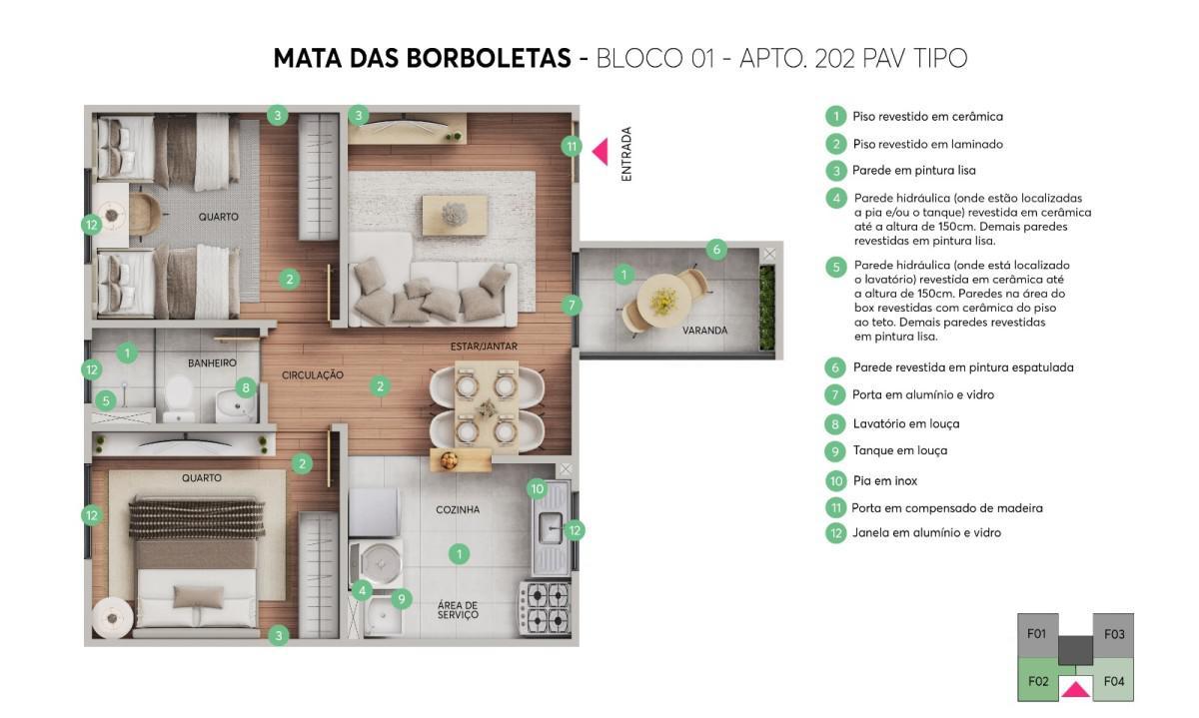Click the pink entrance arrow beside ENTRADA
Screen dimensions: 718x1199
click(x=600, y=152)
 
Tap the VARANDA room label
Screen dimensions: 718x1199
click(x=704, y=330)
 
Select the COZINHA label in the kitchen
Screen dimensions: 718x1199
click(x=458, y=509)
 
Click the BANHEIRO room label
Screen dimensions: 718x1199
click(x=212, y=362)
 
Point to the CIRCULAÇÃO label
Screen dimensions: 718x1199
click(x=312, y=375)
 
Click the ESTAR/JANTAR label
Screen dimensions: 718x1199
click(x=484, y=347)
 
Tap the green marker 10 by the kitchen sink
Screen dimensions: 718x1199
click(x=537, y=488)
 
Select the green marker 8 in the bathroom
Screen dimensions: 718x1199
click(x=245, y=386)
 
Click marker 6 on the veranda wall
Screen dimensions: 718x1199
click(x=716, y=250)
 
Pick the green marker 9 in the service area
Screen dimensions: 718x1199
click(x=402, y=599)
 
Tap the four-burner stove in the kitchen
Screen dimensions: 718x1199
click(x=544, y=607)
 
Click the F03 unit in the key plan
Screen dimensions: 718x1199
click(x=1114, y=633)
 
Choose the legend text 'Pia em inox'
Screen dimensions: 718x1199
click(x=884, y=480)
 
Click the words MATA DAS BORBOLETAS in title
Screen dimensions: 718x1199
click(x=421, y=59)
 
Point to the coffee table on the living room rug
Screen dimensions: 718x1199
click(x=455, y=213)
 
